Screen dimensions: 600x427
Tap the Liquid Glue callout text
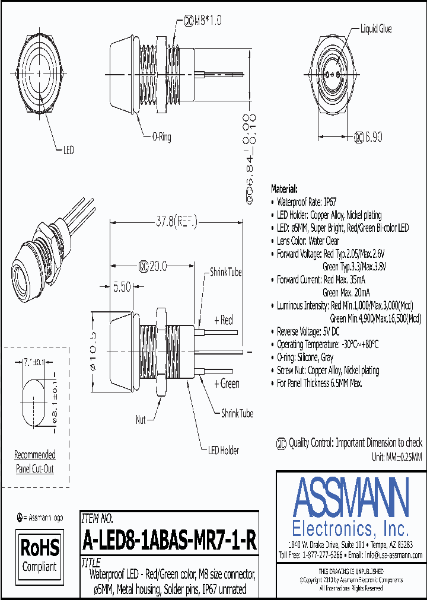[376, 28]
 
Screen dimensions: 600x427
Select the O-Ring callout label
[158, 137]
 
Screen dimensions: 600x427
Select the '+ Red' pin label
[224, 321]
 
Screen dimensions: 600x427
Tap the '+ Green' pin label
[226, 384]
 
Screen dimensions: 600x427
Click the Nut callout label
[141, 420]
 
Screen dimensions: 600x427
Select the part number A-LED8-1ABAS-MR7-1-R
[169, 541]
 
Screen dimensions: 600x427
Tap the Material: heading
[284, 189]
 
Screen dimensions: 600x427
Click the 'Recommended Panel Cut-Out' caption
[35, 462]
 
